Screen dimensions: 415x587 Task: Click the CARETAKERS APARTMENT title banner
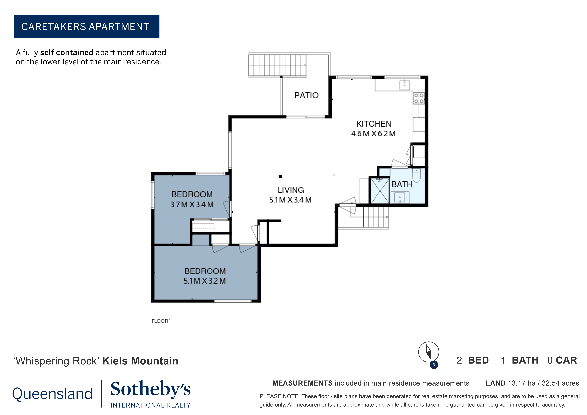86,27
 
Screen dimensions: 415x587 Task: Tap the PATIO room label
306,95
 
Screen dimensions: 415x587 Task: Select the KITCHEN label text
374,124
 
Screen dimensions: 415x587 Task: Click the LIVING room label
291,190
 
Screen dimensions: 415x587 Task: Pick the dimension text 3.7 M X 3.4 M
192,205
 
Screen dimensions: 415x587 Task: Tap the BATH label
402,184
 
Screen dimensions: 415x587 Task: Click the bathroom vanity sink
400,198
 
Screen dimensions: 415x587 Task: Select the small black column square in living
280,176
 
